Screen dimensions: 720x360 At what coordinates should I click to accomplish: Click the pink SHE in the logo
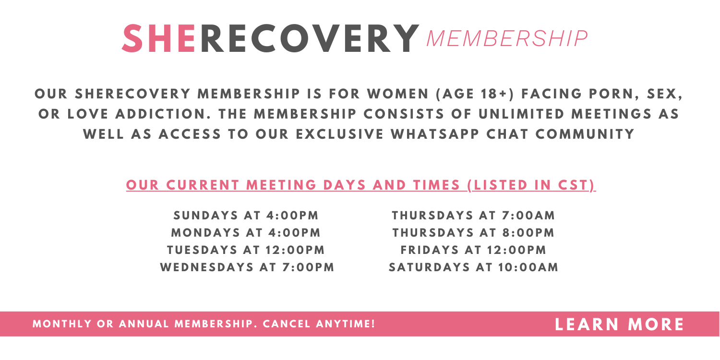click(159, 38)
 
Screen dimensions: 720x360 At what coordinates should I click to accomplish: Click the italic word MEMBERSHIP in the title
click(507, 39)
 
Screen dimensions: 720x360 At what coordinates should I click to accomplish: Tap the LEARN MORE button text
click(619, 324)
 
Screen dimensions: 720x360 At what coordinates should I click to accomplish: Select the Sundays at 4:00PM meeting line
click(246, 216)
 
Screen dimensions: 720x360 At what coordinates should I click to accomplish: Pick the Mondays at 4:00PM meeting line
click(246, 233)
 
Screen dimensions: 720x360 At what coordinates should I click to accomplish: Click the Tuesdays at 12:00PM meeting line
click(246, 250)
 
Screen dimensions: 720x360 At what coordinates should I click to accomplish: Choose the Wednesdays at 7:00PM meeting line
click(247, 267)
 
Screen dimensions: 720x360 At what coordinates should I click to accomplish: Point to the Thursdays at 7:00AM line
click(473, 216)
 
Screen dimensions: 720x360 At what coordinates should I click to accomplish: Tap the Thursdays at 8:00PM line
click(473, 233)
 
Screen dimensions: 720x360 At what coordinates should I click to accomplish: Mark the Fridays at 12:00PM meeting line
click(473, 250)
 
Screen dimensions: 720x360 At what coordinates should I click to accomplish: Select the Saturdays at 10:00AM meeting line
click(473, 267)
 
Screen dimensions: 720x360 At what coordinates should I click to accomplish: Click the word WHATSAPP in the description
click(435, 134)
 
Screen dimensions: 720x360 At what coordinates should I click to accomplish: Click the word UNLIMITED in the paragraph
click(521, 114)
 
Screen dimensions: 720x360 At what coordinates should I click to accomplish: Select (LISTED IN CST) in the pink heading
click(531, 185)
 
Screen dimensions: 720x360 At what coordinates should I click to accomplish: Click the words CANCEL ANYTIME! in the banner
click(319, 324)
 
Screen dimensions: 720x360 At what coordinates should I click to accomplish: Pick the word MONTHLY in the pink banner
click(62, 324)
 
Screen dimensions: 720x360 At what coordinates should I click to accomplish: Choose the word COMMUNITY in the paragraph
click(585, 134)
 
